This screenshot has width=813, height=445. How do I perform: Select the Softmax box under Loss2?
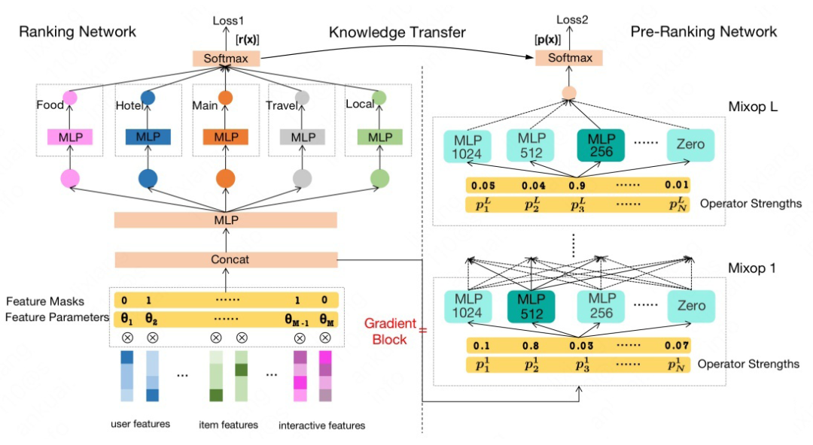pyautogui.click(x=569, y=58)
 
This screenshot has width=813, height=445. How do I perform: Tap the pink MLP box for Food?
pyautogui.click(x=70, y=137)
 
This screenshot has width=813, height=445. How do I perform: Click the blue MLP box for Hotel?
pyautogui.click(x=148, y=137)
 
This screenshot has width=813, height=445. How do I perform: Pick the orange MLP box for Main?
pyautogui.click(x=226, y=137)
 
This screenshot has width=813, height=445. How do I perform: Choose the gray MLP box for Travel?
pyautogui.click(x=303, y=137)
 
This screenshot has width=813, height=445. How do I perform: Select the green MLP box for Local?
pyautogui.click(x=380, y=137)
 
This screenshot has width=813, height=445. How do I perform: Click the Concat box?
pyautogui.click(x=225, y=259)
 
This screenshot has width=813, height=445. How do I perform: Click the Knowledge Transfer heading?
pyautogui.click(x=397, y=32)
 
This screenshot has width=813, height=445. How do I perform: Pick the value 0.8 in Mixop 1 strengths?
pyautogui.click(x=532, y=346)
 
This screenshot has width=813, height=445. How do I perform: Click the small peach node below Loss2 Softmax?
pyautogui.click(x=568, y=94)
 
